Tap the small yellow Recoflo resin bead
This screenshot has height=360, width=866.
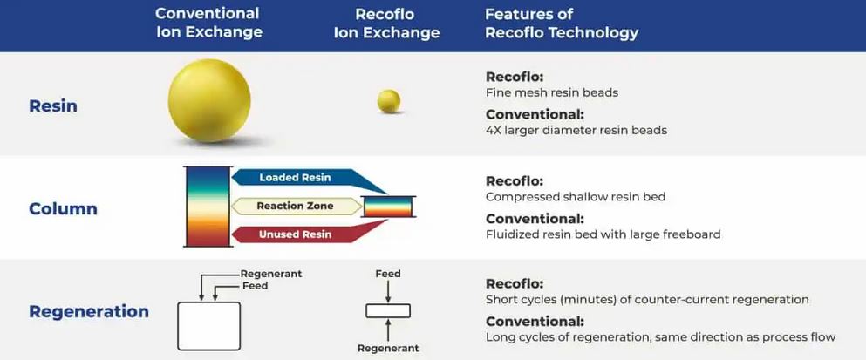click(x=389, y=101)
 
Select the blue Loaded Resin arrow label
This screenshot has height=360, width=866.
click(x=295, y=178)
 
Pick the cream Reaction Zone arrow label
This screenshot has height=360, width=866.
click(x=295, y=207)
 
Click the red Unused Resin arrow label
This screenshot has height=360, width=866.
click(x=295, y=234)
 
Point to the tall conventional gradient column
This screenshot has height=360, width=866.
click(x=208, y=207)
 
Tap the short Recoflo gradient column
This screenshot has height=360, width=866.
click(x=388, y=207)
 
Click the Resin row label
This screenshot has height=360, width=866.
click(x=53, y=106)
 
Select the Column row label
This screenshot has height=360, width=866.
click(x=63, y=209)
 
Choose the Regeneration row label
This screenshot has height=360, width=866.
click(x=89, y=311)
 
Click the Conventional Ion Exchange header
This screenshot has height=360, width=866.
click(x=208, y=23)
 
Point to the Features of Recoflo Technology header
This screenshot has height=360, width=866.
click(x=562, y=24)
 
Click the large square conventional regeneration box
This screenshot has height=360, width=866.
click(x=208, y=325)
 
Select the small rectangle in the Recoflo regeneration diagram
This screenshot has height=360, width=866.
click(x=388, y=310)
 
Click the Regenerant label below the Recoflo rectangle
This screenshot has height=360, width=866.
click(x=388, y=348)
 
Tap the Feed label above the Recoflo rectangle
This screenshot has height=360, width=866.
click(x=388, y=274)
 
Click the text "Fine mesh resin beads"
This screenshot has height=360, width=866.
click(x=551, y=92)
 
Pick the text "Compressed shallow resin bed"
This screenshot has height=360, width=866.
click(x=575, y=196)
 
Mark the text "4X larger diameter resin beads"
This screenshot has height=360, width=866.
click(x=576, y=130)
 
